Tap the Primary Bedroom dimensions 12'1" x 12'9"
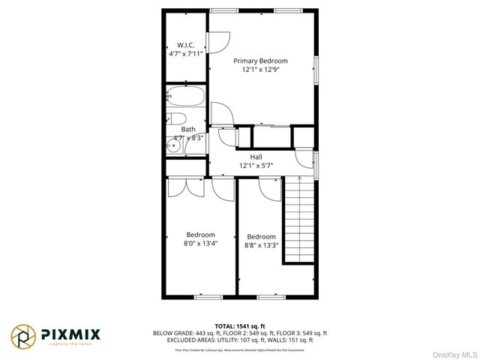[260, 70]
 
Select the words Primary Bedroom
[260, 61]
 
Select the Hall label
[256, 157]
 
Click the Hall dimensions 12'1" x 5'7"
[256, 166]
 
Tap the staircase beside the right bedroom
[298, 221]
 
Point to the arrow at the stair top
[299, 180]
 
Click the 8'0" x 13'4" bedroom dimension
[200, 243]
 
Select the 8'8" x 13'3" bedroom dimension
[261, 244]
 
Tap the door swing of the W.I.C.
[214, 43]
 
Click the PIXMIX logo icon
[22, 336]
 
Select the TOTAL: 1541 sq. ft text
[239, 326]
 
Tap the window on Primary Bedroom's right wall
[316, 70]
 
